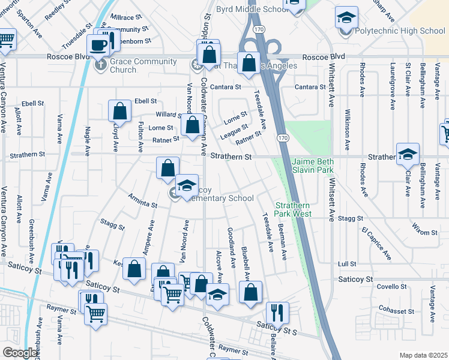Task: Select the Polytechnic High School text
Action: point(400,31)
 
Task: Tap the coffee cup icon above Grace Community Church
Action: point(98,45)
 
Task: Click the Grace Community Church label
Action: point(143,65)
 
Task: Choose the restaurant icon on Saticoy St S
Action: point(277,313)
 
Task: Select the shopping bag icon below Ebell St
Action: point(120,112)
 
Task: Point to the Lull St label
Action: point(347,263)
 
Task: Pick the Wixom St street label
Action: point(424,228)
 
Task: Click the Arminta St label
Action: point(143,201)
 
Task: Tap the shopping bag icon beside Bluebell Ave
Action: point(250,293)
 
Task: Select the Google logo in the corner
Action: point(20,353)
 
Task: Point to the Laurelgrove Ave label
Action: point(392,80)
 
